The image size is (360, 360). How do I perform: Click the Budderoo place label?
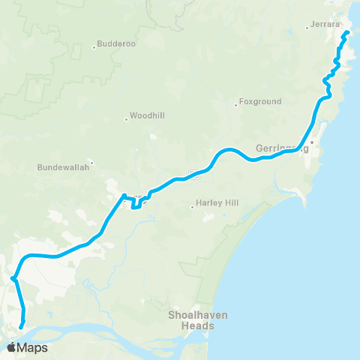[x=117, y=44]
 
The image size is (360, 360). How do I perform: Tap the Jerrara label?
[x=326, y=25]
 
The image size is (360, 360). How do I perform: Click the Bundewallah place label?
[x=62, y=168]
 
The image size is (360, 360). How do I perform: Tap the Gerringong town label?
[x=277, y=148]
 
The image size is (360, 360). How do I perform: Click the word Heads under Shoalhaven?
[x=192, y=325]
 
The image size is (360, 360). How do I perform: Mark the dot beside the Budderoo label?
[x=94, y=48]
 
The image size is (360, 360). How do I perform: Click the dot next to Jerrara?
[x=307, y=28]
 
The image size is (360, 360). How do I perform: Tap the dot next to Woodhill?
[x=126, y=119]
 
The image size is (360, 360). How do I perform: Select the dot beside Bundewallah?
[x=91, y=160]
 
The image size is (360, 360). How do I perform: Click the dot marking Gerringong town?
[x=311, y=142]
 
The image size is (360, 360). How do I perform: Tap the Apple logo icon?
[x=12, y=347]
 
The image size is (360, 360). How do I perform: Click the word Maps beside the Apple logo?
[x=33, y=348]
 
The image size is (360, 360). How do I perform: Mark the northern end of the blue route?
[x=348, y=34]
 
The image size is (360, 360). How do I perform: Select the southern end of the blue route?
[x=20, y=327]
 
